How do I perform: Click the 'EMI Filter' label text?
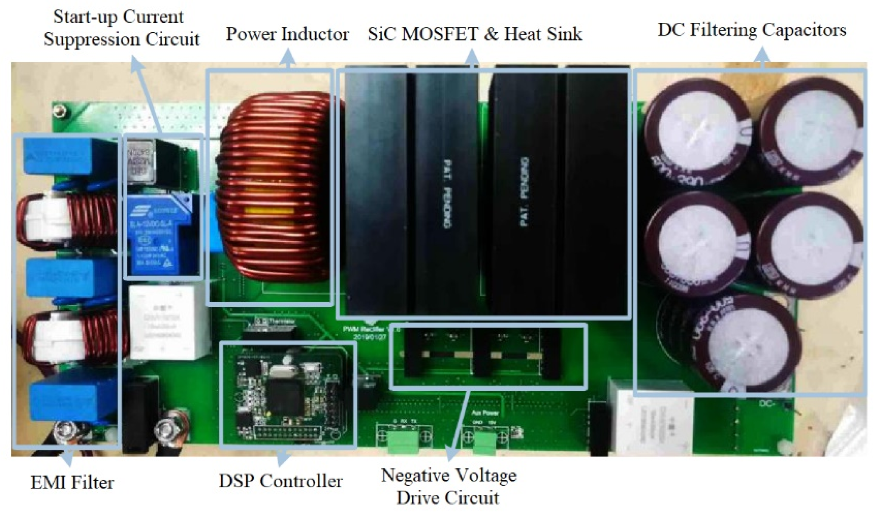pos(72,483)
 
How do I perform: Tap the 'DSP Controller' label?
pos(281,481)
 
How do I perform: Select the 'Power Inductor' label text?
pos(287,34)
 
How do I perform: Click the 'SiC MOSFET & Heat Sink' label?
pos(475,34)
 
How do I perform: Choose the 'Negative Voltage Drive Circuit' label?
pos(448,486)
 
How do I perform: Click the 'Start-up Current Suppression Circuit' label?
pos(121,28)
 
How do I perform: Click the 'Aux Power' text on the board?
pos(485,413)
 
